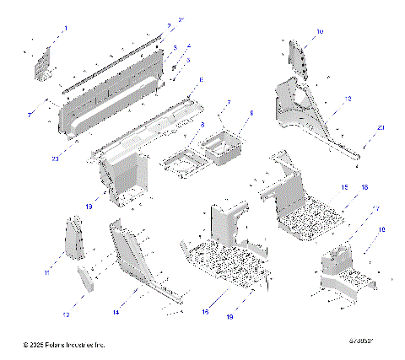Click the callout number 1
click(x=65, y=29)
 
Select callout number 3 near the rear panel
click(x=174, y=47)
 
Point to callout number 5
click(x=187, y=60)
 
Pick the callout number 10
click(x=319, y=31)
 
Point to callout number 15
click(x=343, y=186)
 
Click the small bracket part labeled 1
click(x=43, y=62)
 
